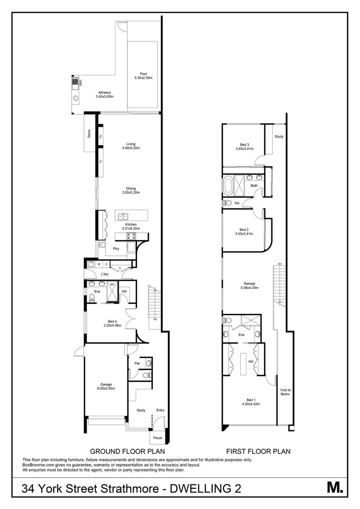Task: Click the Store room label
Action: pyautogui.click(x=89, y=134)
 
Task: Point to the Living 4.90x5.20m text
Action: pyautogui.click(x=131, y=146)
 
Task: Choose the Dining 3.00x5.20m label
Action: pyautogui.click(x=131, y=190)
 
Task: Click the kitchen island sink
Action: pyautogui.click(x=124, y=216)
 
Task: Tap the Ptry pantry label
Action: pyautogui.click(x=116, y=249)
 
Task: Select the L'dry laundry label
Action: pyautogui.click(x=105, y=274)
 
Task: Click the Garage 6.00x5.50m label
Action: pyautogui.click(x=106, y=386)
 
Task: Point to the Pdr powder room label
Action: pyautogui.click(x=137, y=363)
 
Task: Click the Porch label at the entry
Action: pyautogui.click(x=158, y=438)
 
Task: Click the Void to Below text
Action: pyautogui.click(x=286, y=392)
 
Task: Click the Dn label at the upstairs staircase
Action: pyautogui.click(x=279, y=263)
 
